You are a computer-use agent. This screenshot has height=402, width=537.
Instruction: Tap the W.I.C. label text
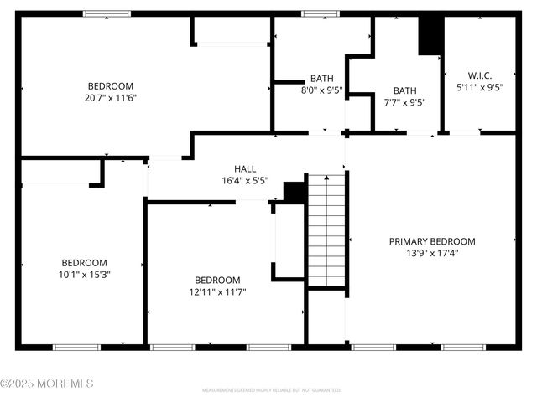[480, 74]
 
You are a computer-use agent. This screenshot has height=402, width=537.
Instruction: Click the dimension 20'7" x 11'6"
[111, 98]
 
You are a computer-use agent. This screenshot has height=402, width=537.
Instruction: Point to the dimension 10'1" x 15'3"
[84, 274]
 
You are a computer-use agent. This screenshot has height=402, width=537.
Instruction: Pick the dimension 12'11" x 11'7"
[217, 292]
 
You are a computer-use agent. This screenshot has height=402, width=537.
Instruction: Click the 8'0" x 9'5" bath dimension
[322, 91]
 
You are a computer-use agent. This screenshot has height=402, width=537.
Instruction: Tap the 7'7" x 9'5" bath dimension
[404, 103]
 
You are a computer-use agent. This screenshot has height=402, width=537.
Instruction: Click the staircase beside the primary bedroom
[326, 229]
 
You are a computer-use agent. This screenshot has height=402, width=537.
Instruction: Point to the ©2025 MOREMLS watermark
[47, 384]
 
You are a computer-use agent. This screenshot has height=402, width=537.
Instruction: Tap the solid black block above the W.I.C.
[430, 36]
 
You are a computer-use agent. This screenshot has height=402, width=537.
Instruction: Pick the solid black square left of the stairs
[295, 192]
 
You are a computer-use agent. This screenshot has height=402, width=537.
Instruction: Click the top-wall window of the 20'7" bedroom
[107, 13]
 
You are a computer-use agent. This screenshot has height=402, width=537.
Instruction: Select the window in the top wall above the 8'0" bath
[315, 13]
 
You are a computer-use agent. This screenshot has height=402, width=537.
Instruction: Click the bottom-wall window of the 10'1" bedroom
[77, 347]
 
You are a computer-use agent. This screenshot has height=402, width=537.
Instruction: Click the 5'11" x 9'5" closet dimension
[480, 86]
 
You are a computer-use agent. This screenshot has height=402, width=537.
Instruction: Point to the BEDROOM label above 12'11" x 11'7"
[217, 280]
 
